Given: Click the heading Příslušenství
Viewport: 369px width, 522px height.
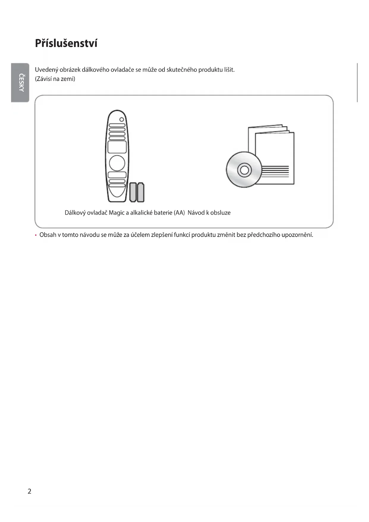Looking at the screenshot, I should coord(66,43).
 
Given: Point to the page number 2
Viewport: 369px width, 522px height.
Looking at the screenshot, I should coord(29,491).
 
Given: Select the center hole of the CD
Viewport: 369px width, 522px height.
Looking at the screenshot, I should coord(244,170).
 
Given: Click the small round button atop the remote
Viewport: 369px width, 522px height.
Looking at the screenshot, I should coord(122,119).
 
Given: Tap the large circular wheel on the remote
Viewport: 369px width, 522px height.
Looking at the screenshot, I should coord(117,163).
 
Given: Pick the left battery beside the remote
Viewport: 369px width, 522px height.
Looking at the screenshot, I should coord(133,192).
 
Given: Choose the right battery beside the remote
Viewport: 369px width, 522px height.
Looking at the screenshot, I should coord(141,192).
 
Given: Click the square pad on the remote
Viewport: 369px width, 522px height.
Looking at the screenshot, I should coord(117,147).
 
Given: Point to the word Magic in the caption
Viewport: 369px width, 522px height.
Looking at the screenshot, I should coord(117,213).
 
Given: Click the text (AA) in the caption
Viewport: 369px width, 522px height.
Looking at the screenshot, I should coord(179,213).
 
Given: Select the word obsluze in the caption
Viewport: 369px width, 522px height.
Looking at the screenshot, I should coord(220,213).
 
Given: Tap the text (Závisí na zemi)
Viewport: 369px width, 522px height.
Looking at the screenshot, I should coord(55,79).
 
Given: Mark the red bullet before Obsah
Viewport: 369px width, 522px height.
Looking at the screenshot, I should coord(36,235).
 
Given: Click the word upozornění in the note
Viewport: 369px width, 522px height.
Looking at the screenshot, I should coord(297,235).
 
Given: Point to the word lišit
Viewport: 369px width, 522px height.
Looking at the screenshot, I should coord(229,70).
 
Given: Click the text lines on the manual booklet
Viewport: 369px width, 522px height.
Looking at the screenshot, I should coord(275,171).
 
